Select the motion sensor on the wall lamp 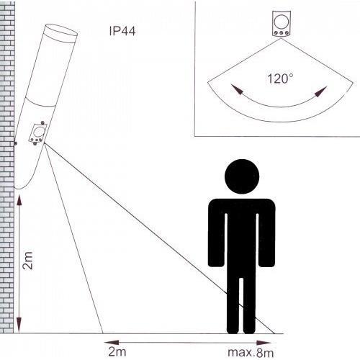[x=37, y=133]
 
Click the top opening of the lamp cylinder [x=60, y=32]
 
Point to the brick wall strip [x=7, y=180]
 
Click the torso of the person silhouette [x=240, y=230]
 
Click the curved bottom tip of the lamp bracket [x=20, y=189]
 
